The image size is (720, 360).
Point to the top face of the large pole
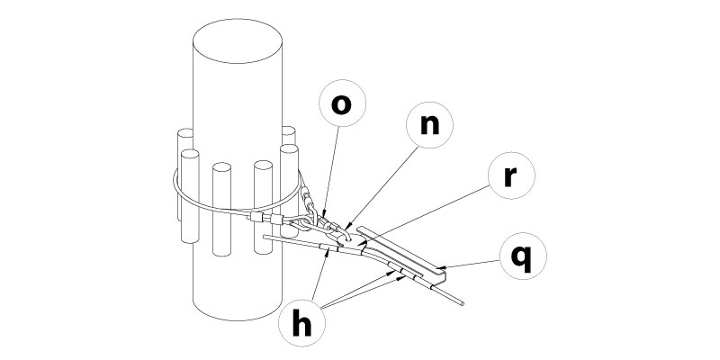click(239, 38)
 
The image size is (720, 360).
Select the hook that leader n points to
click(347, 232)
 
